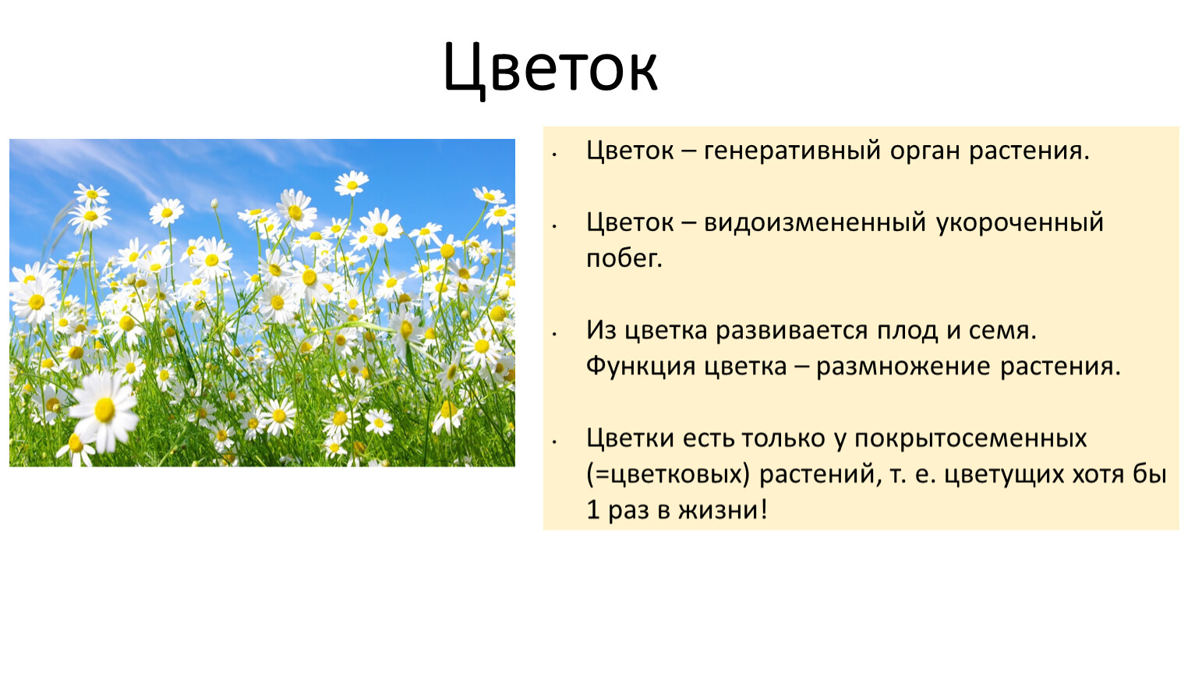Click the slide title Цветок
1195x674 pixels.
pyautogui.click(x=550, y=69)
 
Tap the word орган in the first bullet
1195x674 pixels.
pyautogui.click(x=925, y=151)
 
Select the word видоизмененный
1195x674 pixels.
pyautogui.click(x=815, y=222)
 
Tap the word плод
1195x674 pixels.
pyautogui.click(x=907, y=331)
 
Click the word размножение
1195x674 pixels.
pyautogui.click(x=903, y=367)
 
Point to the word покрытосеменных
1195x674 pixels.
pyautogui.click(x=970, y=439)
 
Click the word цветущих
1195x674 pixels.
pyautogui.click(x=1008, y=475)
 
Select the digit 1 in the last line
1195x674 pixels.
pyautogui.click(x=592, y=510)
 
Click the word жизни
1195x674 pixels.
pyautogui.click(x=723, y=510)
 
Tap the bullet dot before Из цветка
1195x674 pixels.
pyautogui.click(x=555, y=334)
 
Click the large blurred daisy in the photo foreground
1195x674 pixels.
pyautogui.click(x=104, y=410)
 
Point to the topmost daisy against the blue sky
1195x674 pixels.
pyautogui.click(x=352, y=183)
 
